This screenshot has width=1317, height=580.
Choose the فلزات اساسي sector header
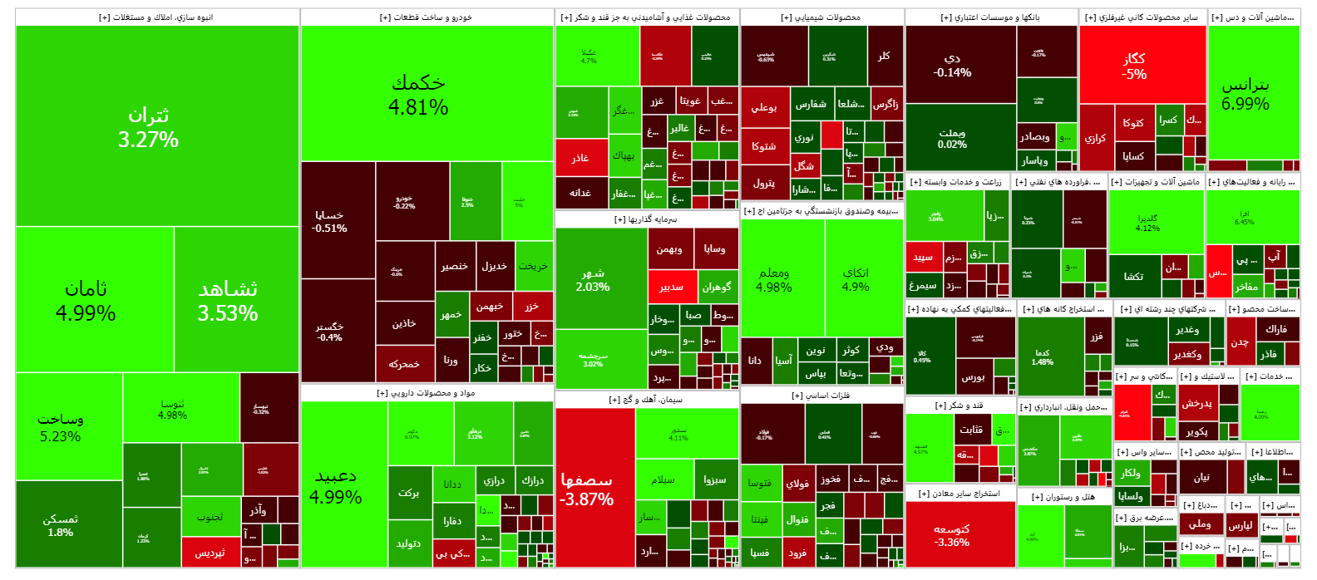pyautogui.click(x=821, y=396)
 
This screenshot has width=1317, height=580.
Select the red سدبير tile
pyautogui.click(x=672, y=287)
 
